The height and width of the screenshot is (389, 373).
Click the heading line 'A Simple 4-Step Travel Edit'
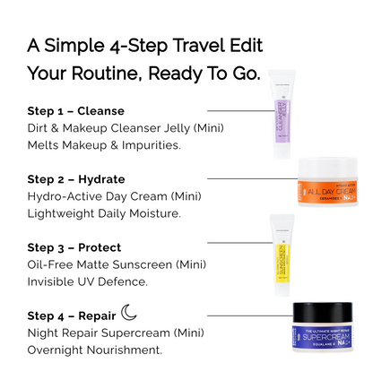pos(144,45)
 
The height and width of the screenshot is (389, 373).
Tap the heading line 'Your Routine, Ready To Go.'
pos(143,73)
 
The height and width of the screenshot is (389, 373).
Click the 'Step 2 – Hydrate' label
pos(76,179)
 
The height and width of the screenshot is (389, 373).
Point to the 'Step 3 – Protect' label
pos(74,247)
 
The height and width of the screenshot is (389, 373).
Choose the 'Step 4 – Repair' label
pos(72,316)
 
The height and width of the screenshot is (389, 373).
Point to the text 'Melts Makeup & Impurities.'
pos(104,145)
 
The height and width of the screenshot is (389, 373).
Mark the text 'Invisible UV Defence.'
pos(87,281)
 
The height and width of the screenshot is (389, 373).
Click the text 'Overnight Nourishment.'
pos(95,350)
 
